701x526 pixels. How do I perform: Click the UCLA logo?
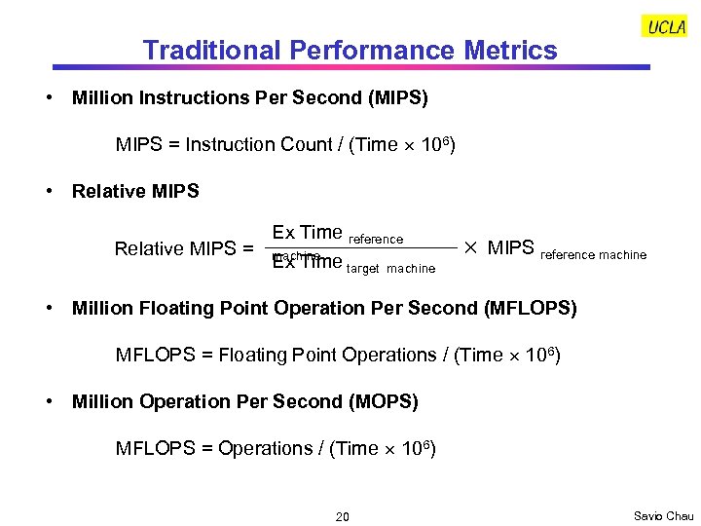[666, 27]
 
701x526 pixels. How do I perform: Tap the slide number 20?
[342, 516]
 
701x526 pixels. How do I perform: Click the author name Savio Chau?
[663, 515]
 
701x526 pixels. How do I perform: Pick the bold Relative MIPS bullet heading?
[135, 191]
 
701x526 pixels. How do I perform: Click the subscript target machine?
[391, 269]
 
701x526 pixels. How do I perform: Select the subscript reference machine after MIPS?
[593, 255]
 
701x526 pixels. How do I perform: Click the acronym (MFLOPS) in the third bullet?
[530, 308]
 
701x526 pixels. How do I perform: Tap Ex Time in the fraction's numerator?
[307, 232]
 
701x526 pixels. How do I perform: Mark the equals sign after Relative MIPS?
[248, 248]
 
